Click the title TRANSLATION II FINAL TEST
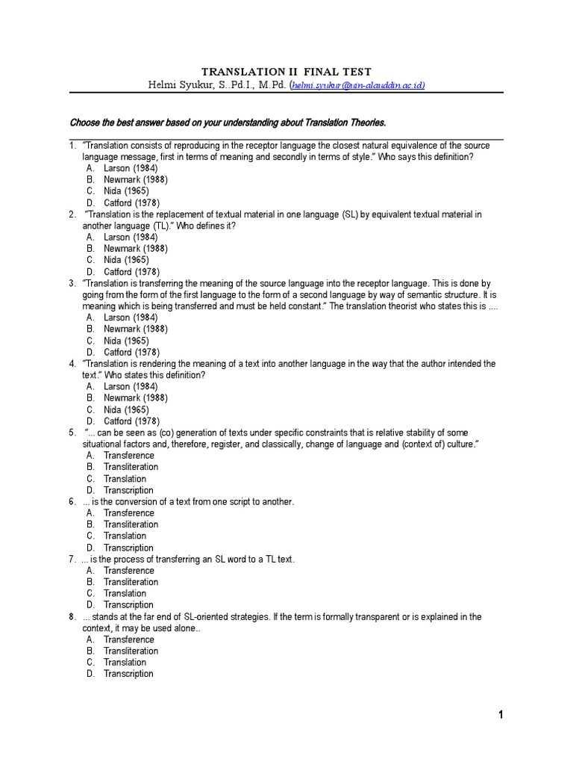(287, 72)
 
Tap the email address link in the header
(359, 86)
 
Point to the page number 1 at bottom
(501, 715)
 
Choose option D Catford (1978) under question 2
(131, 272)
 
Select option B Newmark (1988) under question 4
(135, 398)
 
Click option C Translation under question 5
(125, 479)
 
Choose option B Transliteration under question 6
(131, 524)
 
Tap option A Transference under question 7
(128, 571)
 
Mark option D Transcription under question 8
(128, 674)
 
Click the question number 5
(72, 433)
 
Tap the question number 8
(72, 617)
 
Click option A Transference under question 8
(128, 639)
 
